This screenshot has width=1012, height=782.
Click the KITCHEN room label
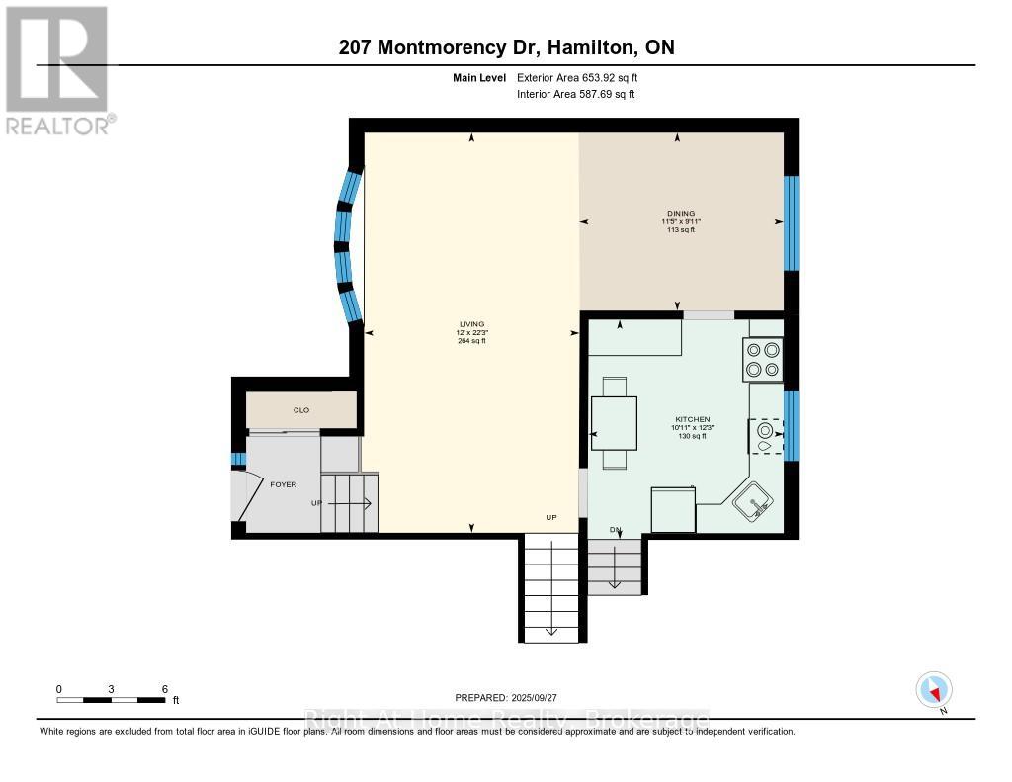(692, 419)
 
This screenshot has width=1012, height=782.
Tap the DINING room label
(680, 213)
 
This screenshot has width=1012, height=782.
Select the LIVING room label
(469, 324)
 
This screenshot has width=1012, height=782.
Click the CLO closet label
(301, 409)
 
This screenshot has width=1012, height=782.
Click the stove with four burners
(761, 359)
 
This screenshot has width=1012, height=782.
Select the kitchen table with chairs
(613, 422)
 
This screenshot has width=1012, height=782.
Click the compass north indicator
(933, 690)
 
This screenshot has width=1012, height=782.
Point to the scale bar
(111, 700)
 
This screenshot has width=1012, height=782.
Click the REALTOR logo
(57, 70)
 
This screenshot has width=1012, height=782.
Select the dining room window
(791, 223)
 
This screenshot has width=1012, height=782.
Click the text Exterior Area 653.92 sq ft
(584, 77)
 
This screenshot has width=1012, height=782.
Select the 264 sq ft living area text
(469, 342)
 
